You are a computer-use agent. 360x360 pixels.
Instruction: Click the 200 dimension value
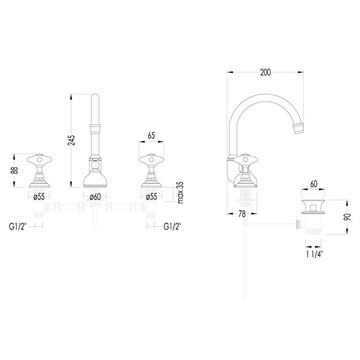[x=265, y=73]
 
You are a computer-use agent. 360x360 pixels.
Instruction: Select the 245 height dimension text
[x=71, y=140]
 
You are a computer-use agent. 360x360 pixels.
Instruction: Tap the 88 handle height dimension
[x=15, y=170]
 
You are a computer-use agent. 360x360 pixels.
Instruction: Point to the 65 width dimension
[x=151, y=136]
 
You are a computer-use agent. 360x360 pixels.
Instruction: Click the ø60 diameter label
[x=95, y=197]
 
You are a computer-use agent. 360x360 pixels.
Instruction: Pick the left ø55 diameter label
[x=39, y=197]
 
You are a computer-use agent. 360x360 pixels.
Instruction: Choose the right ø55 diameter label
[x=151, y=197]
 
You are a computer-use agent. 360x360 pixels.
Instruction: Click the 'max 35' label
[x=181, y=192]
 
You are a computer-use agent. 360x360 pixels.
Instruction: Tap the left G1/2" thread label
[x=18, y=227]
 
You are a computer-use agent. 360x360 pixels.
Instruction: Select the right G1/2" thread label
[x=172, y=227]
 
